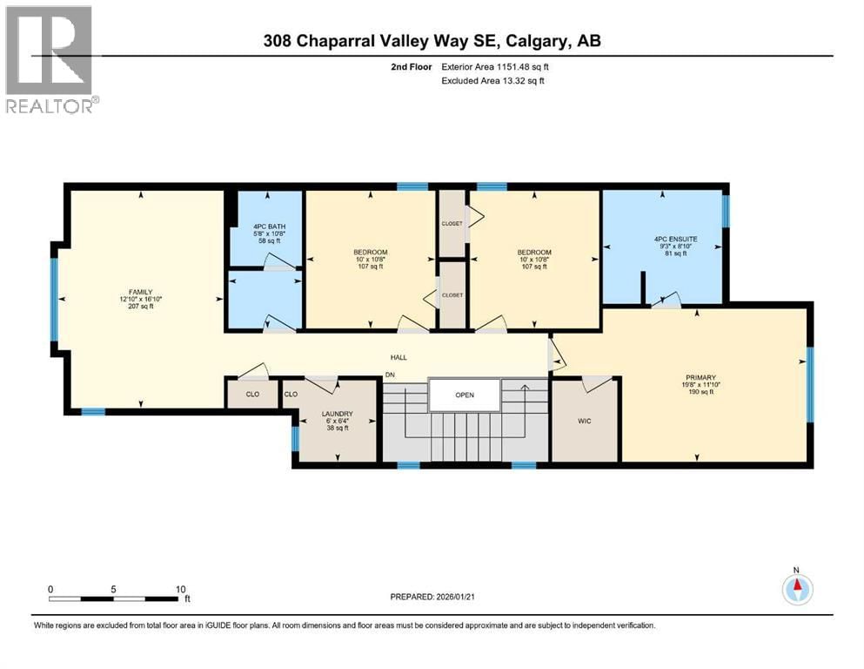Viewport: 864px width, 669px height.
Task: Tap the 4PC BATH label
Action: click(244, 226)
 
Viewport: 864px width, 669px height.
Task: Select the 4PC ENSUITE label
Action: click(675, 238)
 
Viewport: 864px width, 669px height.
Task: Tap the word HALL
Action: click(399, 357)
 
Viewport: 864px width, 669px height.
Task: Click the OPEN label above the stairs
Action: click(465, 395)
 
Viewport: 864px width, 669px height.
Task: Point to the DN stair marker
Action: click(392, 375)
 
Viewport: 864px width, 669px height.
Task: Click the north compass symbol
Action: click(796, 589)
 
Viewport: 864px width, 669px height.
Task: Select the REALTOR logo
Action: click(50, 58)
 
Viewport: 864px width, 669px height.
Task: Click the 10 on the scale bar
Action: click(179, 589)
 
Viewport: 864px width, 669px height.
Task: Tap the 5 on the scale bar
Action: click(114, 589)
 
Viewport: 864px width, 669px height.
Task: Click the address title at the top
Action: click(432, 41)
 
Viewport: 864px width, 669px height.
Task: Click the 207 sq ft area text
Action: click(141, 307)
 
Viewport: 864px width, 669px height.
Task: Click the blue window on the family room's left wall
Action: click(54, 299)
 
